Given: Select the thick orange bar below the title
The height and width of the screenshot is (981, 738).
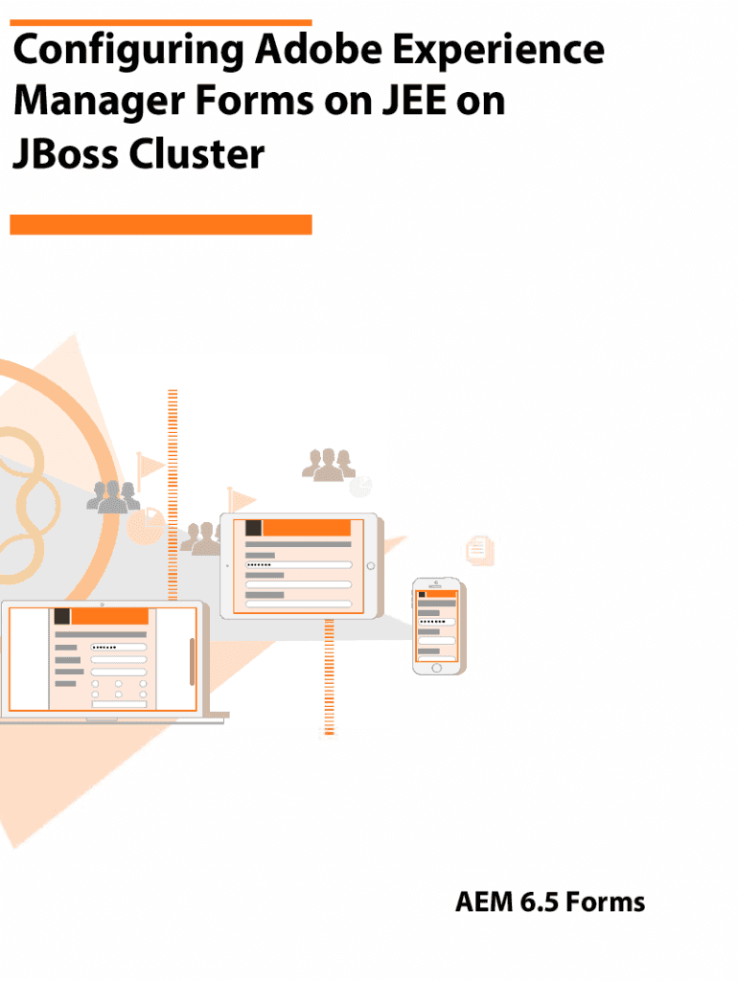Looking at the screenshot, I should [x=161, y=224].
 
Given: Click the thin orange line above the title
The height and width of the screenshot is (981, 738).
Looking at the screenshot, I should [x=161, y=22].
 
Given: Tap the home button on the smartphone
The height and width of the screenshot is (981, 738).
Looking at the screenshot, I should [x=435, y=667].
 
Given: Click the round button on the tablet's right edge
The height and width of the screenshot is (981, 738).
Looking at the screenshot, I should [x=371, y=566].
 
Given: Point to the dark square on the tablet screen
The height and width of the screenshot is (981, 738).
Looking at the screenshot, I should [x=253, y=528].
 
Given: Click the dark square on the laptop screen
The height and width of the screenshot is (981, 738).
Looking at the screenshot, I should [x=61, y=616].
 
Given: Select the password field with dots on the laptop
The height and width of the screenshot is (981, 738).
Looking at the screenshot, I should [x=119, y=648].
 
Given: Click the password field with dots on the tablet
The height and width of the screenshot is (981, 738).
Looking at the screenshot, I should [x=298, y=565].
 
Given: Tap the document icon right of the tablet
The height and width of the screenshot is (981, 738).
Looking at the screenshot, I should [x=479, y=548].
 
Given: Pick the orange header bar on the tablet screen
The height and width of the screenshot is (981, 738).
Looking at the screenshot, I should [x=307, y=528].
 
